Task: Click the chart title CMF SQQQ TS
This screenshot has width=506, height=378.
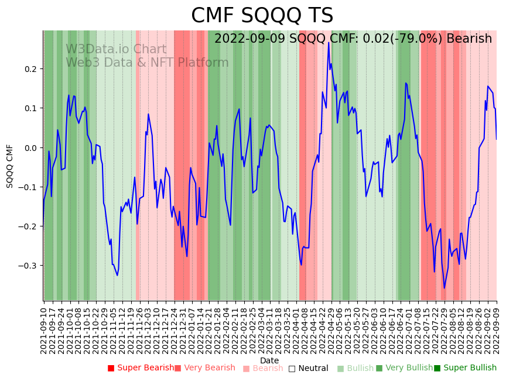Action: click(262, 16)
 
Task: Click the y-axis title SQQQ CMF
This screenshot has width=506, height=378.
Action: click(10, 166)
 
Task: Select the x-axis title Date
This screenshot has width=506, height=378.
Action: click(269, 360)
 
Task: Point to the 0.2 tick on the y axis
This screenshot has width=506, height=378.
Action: click(30, 69)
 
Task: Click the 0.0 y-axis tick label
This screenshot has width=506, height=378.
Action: click(30, 147)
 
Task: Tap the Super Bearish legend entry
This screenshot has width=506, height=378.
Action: click(141, 368)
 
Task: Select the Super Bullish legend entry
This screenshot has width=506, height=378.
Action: click(465, 368)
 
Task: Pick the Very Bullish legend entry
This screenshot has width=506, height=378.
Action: click(404, 368)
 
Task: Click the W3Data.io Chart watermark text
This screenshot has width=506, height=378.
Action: click(116, 50)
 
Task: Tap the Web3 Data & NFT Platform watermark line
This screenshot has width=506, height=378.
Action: click(147, 63)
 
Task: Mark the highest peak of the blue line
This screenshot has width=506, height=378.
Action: click(329, 42)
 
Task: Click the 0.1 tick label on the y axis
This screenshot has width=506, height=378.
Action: click(30, 108)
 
